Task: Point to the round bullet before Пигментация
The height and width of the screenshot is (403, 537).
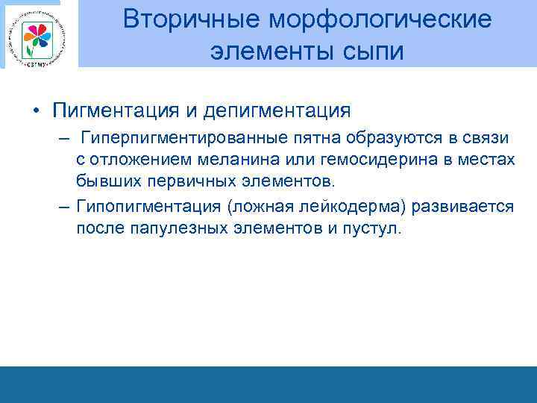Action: coord(36,112)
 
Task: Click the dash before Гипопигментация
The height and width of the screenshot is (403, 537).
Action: coord(64,207)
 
